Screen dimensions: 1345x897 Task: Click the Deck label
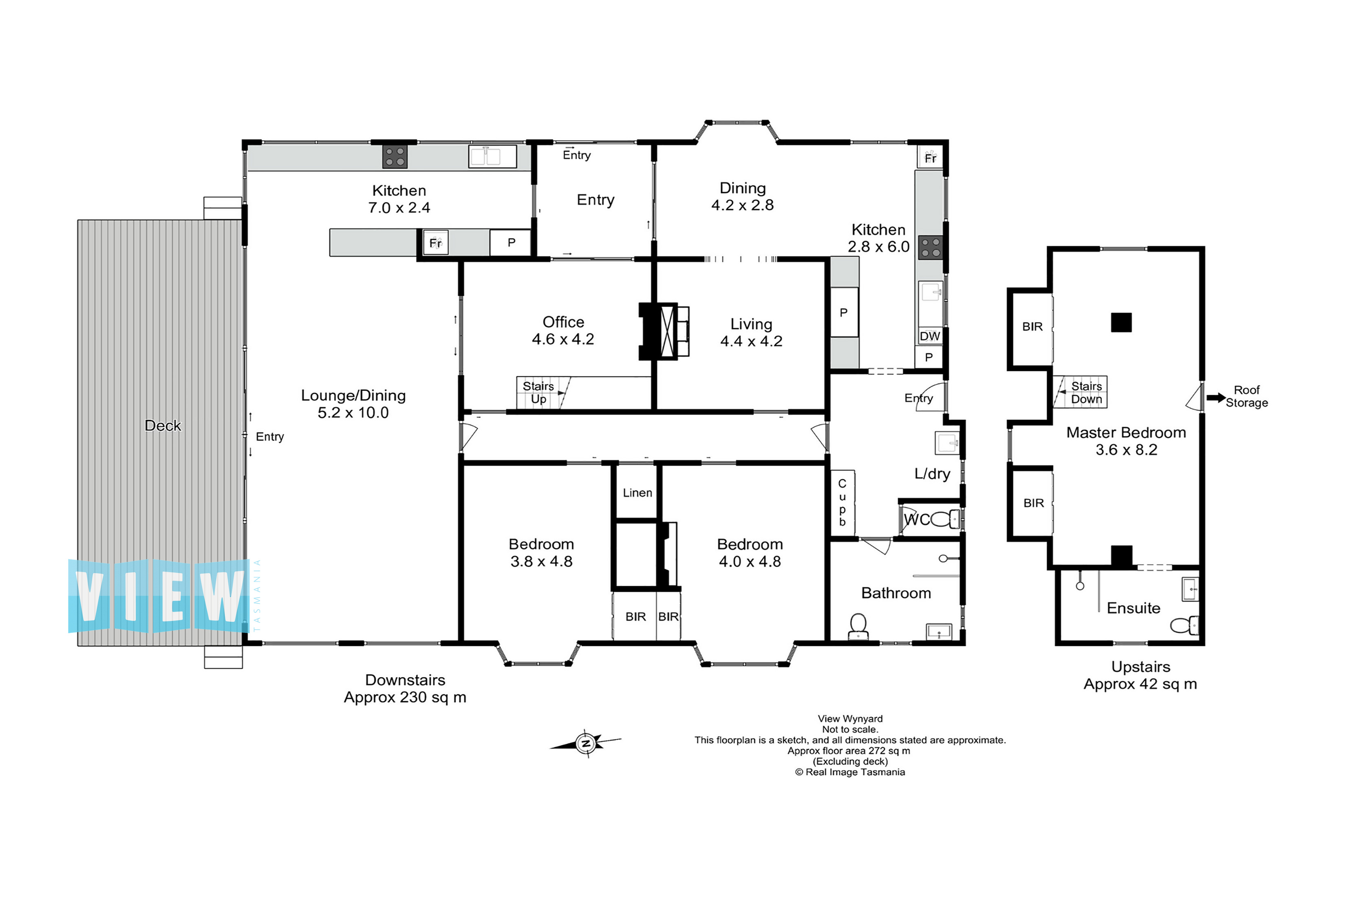[x=163, y=426]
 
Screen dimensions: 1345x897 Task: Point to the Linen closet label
[x=637, y=493]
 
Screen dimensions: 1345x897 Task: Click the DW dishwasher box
[x=930, y=336]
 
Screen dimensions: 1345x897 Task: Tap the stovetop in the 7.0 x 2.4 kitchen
[x=395, y=157]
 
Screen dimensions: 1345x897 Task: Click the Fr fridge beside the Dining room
[x=930, y=158]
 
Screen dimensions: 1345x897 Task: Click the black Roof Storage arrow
[x=1216, y=398]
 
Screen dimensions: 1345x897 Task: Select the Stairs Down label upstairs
[x=1086, y=392]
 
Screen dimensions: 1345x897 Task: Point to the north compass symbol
[x=586, y=744]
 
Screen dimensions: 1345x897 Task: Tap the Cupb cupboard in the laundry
[x=842, y=503]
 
